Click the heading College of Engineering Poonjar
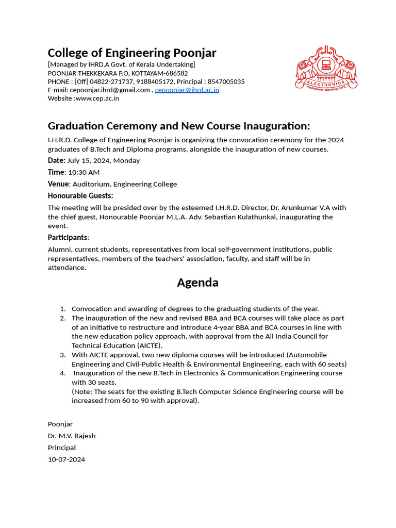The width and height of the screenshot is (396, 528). tap(132, 53)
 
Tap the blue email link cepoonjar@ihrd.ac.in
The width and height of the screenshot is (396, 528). tap(187, 90)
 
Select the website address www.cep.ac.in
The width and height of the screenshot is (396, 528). tap(97, 98)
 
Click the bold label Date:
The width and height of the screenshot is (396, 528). tap(57, 160)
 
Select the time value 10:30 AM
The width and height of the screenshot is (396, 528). tap(84, 172)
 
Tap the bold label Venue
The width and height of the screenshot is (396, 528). tap(58, 184)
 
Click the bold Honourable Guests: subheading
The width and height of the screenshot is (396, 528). tap(80, 196)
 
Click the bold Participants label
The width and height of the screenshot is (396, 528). tap(68, 238)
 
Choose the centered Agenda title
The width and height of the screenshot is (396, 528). tap(197, 283)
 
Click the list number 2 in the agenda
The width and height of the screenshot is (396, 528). tap(62, 318)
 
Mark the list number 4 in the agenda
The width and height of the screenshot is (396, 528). tap(62, 373)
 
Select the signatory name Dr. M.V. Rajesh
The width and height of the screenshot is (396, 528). tap(72, 436)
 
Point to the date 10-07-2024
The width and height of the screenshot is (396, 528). tap(67, 459)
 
